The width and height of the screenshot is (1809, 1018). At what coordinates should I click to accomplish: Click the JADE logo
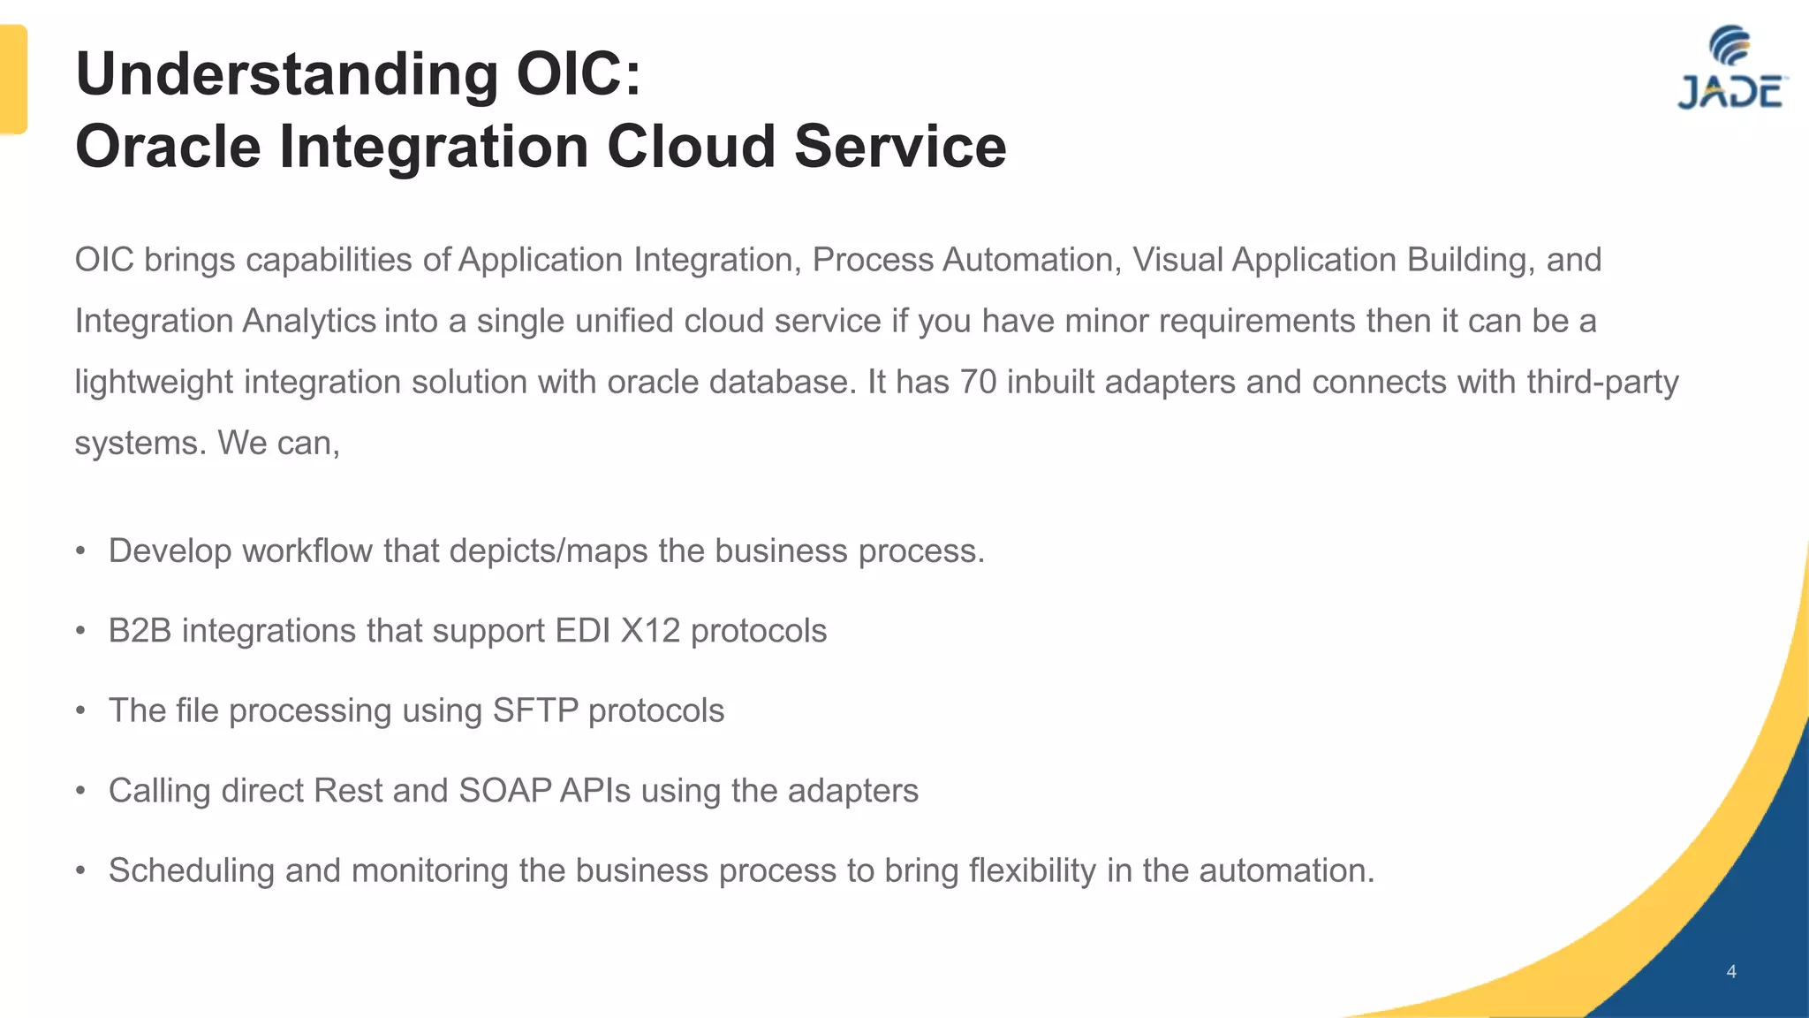(1730, 70)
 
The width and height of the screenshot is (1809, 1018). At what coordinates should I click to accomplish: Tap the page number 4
(1731, 972)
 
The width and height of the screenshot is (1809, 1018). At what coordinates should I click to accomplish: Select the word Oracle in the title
(168, 146)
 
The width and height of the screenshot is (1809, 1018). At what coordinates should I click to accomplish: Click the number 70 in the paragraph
(978, 382)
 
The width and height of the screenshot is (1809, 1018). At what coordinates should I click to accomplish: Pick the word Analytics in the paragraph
(309, 321)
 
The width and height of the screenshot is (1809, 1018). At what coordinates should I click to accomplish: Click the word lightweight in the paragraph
(154, 382)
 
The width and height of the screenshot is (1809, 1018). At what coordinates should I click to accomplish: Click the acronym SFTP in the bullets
(535, 710)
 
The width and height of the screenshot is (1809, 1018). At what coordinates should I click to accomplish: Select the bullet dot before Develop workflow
(80, 551)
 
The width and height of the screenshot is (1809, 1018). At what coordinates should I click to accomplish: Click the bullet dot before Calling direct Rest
(80, 791)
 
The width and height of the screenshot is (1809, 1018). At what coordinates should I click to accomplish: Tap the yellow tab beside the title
(12, 80)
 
